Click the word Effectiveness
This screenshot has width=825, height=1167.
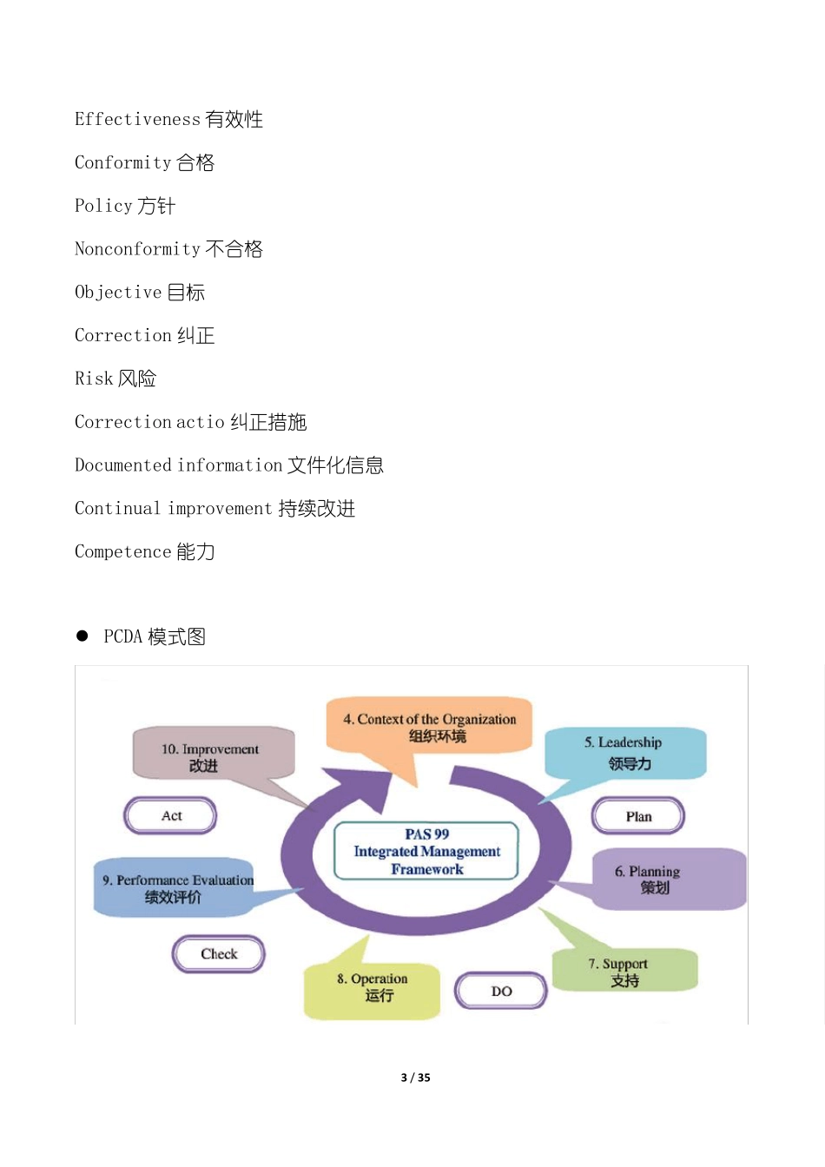137,119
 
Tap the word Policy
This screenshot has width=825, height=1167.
103,206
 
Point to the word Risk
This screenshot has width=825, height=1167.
94,379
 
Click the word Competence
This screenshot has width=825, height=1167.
122,551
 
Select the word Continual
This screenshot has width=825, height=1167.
117,509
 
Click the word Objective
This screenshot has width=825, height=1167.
118,293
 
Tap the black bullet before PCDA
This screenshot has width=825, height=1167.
82,636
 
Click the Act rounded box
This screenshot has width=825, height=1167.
170,815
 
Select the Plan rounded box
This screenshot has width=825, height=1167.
638,816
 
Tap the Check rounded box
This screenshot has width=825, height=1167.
219,953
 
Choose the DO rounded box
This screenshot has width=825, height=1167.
501,991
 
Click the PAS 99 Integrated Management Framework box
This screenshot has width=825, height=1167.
426,851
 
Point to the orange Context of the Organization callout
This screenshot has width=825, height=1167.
429,726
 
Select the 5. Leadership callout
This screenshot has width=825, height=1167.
624,752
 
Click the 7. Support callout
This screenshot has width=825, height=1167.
624,971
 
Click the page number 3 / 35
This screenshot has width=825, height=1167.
415,1078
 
